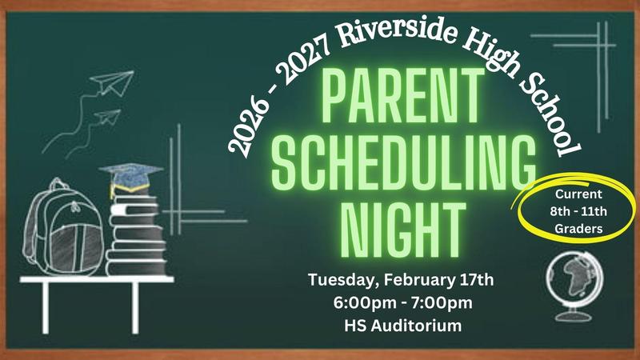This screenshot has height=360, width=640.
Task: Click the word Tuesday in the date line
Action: tap(345, 281)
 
